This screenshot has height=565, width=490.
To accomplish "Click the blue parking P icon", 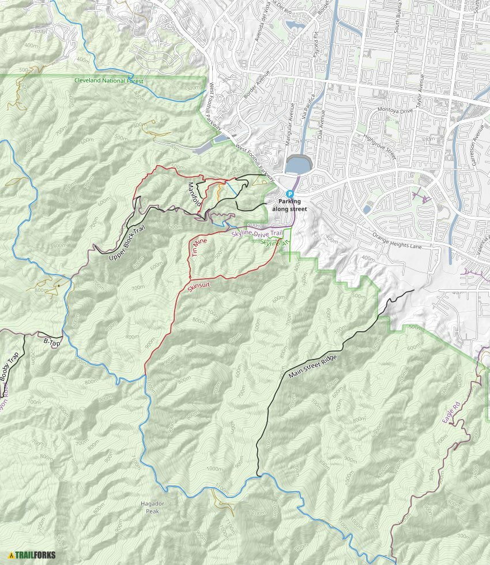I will pos(291,194).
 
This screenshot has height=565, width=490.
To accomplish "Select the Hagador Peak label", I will pos(152,507).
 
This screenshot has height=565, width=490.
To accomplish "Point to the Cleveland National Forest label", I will pos(108,81).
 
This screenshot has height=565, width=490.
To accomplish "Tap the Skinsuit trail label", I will pos(200,282).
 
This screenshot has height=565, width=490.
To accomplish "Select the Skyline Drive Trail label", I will pos(257,233).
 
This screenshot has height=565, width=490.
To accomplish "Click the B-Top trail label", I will pos(52,342).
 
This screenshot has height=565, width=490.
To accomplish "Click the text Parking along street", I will pos(291,205).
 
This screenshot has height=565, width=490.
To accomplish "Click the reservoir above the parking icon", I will pos(296,166).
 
